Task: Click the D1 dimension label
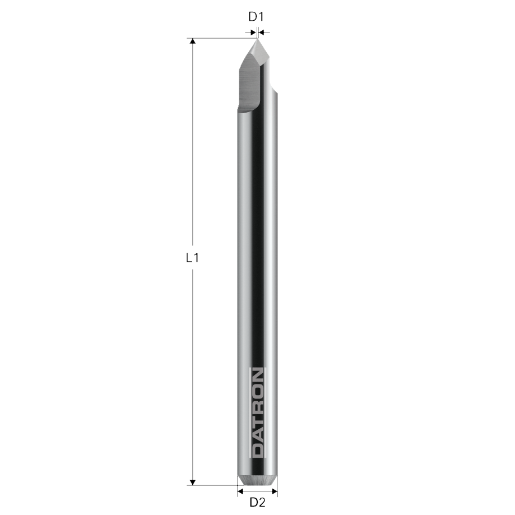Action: point(256,17)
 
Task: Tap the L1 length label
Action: point(193,258)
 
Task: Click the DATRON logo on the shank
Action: point(257,412)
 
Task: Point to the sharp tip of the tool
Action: point(257,38)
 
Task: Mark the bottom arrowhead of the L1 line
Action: point(193,481)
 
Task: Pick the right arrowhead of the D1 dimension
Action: point(262,33)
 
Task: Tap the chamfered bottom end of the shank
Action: point(257,481)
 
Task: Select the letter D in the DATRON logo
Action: point(257,449)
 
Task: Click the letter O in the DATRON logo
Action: point(257,388)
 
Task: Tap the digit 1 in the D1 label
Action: point(260,17)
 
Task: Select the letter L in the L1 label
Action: point(189,258)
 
